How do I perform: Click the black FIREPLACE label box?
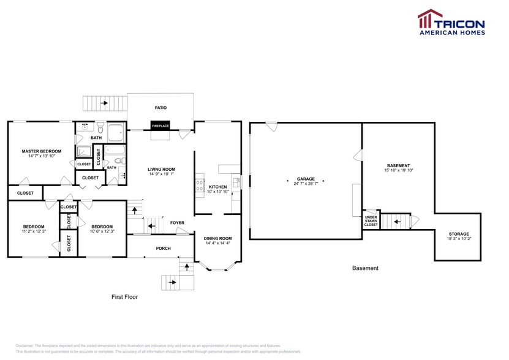(x=160, y=126)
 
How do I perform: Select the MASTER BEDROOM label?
(x=42, y=151)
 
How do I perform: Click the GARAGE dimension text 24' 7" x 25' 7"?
(x=306, y=184)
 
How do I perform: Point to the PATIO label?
(x=160, y=108)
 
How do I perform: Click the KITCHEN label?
(x=217, y=187)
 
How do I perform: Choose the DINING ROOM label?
(x=217, y=238)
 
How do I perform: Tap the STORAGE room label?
(x=458, y=234)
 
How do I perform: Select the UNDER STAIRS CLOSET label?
(x=371, y=221)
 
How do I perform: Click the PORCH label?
(x=164, y=248)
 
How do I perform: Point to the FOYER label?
(x=177, y=223)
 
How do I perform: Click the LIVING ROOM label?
(x=161, y=169)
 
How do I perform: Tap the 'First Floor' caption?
(x=124, y=297)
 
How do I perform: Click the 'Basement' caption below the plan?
(x=365, y=268)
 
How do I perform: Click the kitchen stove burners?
(x=199, y=185)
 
